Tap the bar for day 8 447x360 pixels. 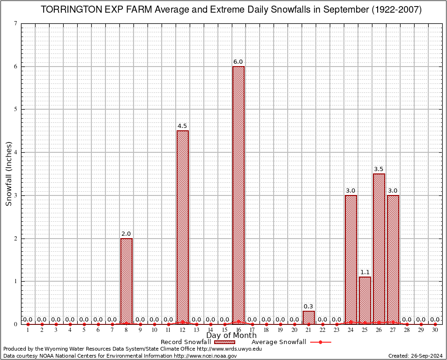(127, 281)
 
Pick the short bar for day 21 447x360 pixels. (309, 317)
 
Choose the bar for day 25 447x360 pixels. (365, 300)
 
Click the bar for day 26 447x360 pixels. (379, 249)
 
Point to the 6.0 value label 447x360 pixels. (238, 62)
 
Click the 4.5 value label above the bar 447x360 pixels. (182, 126)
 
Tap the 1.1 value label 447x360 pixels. (365, 272)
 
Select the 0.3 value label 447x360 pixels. (308, 307)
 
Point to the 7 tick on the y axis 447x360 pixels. (16, 23)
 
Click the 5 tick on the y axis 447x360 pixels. (16, 109)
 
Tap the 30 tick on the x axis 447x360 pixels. (435, 330)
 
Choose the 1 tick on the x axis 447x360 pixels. (28, 330)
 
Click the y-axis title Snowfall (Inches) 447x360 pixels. (8, 174)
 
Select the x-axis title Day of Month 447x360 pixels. (231, 336)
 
